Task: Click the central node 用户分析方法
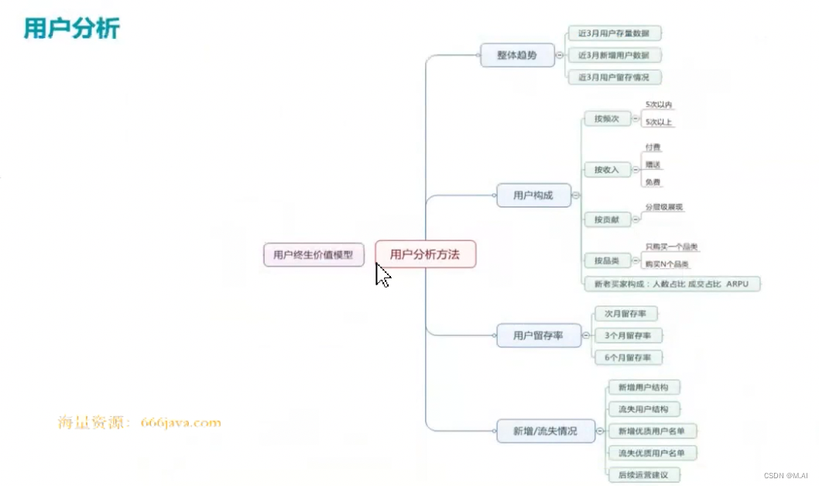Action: (x=425, y=254)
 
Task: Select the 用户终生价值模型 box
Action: (x=314, y=254)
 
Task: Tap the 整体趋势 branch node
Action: (x=517, y=56)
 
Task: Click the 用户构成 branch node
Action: (x=533, y=195)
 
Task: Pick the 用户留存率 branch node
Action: (x=537, y=336)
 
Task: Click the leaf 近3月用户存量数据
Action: (x=614, y=33)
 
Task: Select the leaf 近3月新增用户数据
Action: (x=614, y=56)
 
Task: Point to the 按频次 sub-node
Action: (x=607, y=119)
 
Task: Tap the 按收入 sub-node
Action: (x=607, y=170)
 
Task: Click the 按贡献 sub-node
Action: (x=607, y=220)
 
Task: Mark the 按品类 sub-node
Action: (x=607, y=260)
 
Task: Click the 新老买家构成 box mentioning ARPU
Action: (x=671, y=284)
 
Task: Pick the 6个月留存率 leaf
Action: (x=628, y=357)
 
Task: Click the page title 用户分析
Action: (x=71, y=29)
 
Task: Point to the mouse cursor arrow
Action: (x=382, y=274)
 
